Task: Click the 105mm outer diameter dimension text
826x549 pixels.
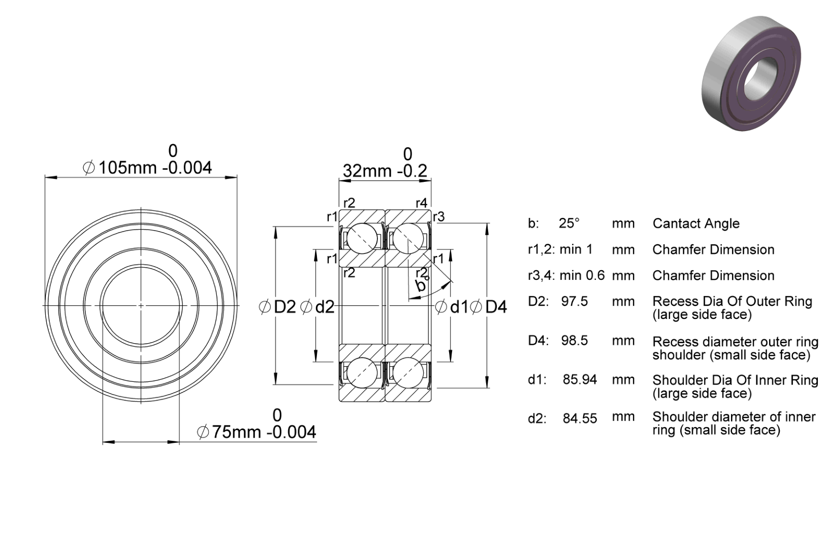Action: click(x=147, y=168)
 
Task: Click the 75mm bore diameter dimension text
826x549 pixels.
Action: click(x=256, y=432)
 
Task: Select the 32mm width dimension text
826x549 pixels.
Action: click(x=385, y=171)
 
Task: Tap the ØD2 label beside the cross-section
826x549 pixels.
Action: click(x=277, y=307)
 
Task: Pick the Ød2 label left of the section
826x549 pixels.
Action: click(x=317, y=307)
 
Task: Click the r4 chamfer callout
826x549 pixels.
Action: click(x=422, y=203)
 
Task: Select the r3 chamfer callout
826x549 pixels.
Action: click(x=439, y=216)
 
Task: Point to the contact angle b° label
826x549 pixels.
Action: click(x=421, y=285)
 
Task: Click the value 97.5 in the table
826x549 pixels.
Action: click(x=575, y=301)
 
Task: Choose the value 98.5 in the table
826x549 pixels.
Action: click(x=575, y=340)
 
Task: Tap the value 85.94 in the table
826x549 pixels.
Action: click(x=580, y=379)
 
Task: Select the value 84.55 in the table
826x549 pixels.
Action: click(x=580, y=418)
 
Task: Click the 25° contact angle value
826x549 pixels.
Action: click(x=569, y=223)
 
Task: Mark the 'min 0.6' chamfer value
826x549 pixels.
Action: click(x=582, y=275)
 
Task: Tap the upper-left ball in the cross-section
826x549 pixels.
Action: click(x=362, y=238)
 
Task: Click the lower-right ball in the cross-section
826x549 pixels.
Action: click(x=408, y=373)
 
